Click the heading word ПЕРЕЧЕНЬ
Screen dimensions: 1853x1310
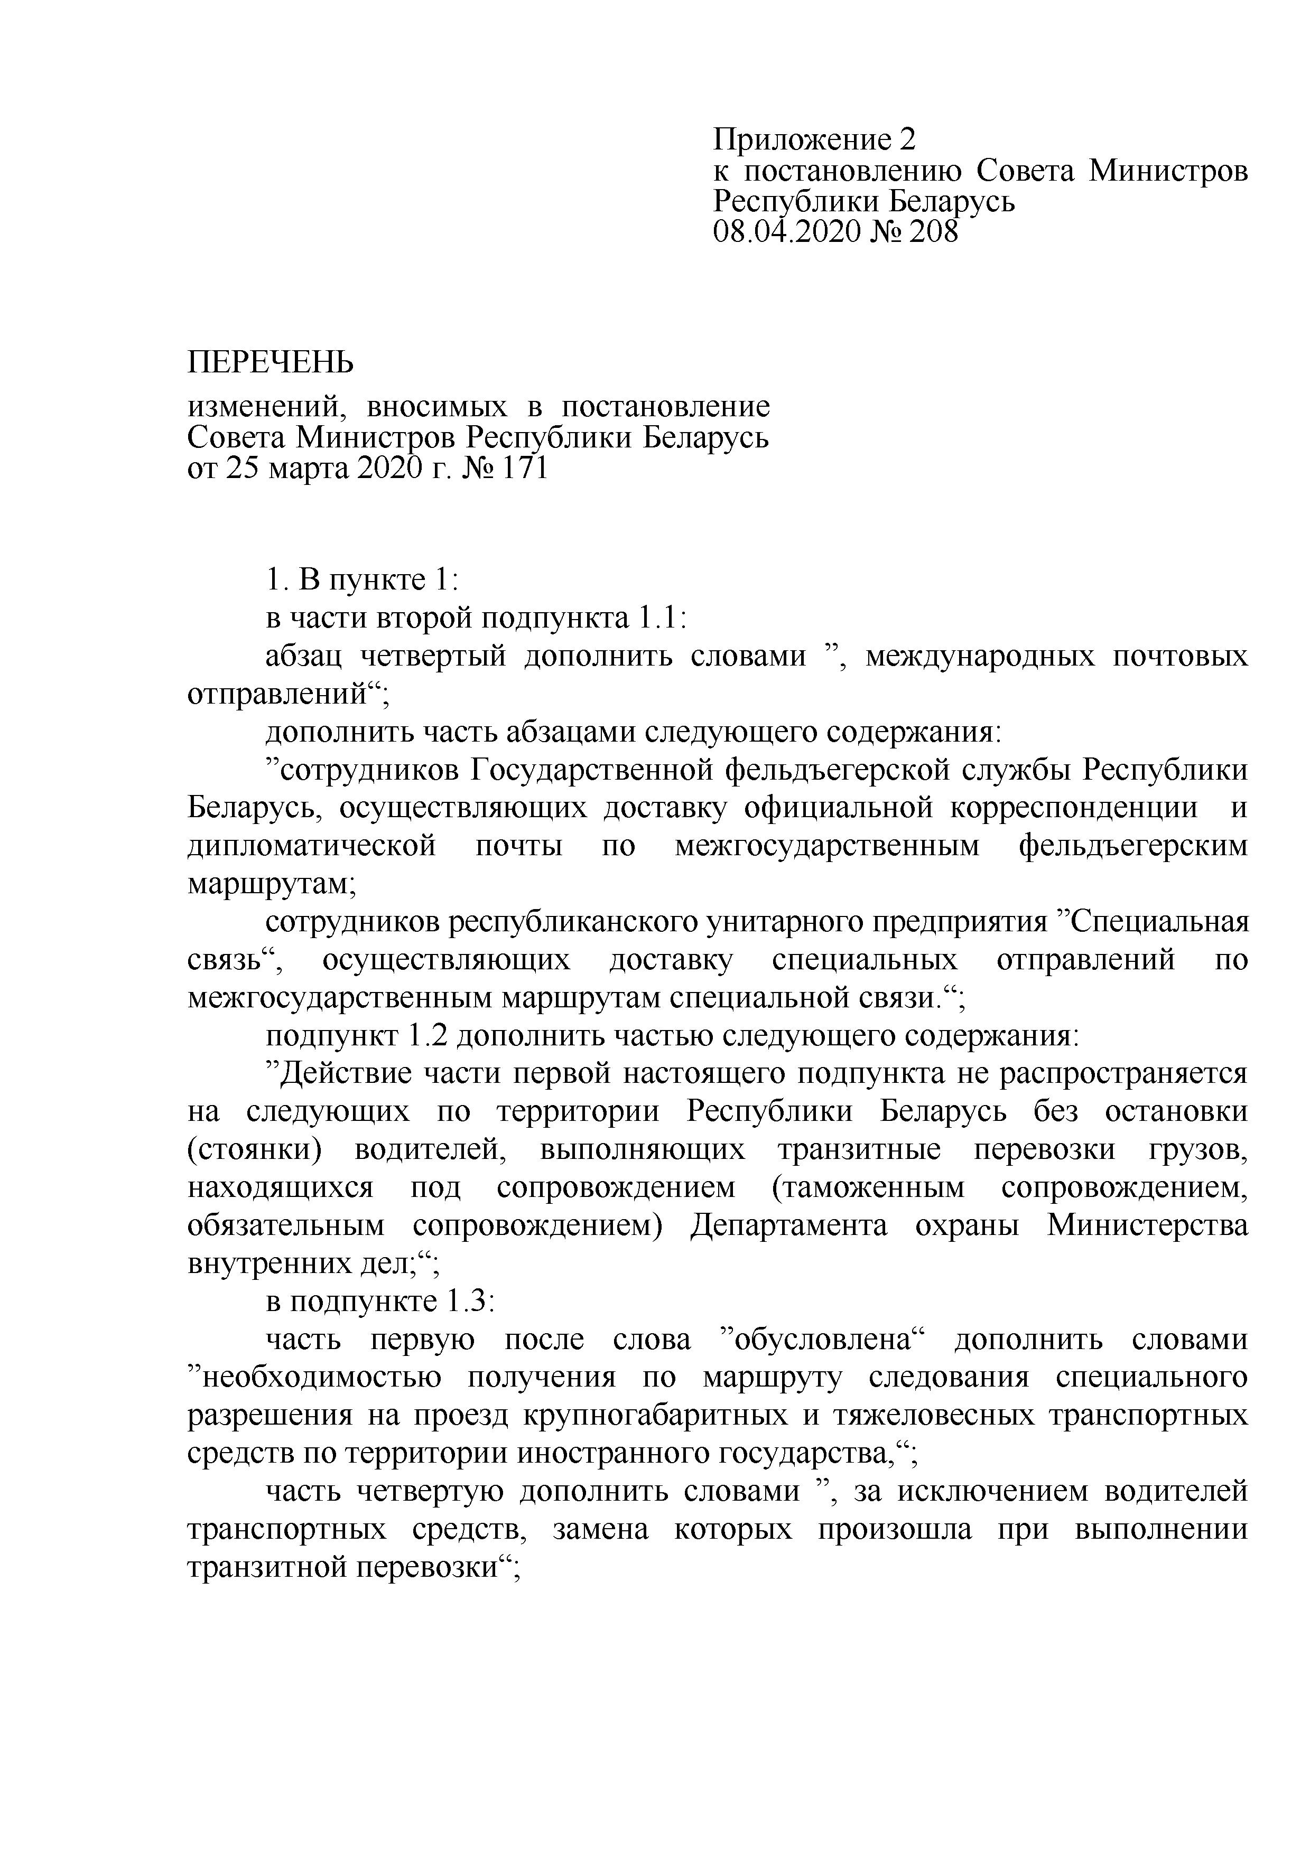pyautogui.click(x=271, y=363)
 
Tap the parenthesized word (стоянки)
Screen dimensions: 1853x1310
pyautogui.click(x=254, y=1150)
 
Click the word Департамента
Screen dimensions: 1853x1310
pyautogui.click(x=788, y=1226)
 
